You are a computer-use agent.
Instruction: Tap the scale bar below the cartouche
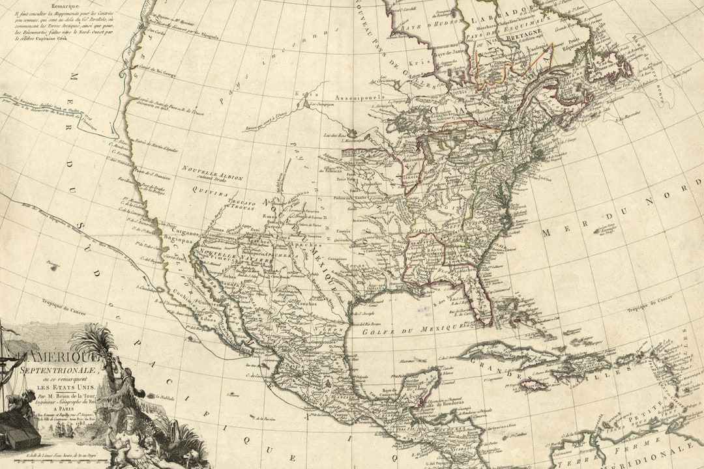click(x=46, y=461)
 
